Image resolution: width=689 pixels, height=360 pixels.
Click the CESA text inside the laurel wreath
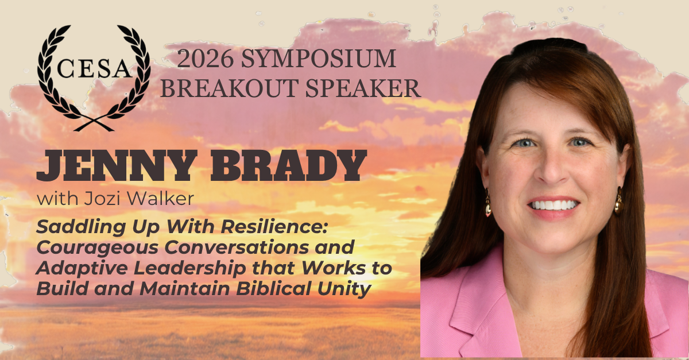pos(94,68)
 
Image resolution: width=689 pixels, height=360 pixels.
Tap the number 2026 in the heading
pos(205,59)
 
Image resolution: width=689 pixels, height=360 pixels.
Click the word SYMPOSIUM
pos(318,59)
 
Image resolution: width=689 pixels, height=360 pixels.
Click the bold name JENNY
pos(117,165)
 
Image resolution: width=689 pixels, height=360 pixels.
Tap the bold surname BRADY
pos(288,165)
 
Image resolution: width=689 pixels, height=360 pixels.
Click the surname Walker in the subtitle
pos(160,199)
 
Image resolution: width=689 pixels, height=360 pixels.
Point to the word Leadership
pos(190,269)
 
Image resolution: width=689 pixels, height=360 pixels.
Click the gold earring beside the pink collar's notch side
pos(488,203)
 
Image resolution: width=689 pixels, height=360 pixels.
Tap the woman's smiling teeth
pos(553,205)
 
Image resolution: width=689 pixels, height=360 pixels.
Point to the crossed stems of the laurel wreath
pos(94,124)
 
